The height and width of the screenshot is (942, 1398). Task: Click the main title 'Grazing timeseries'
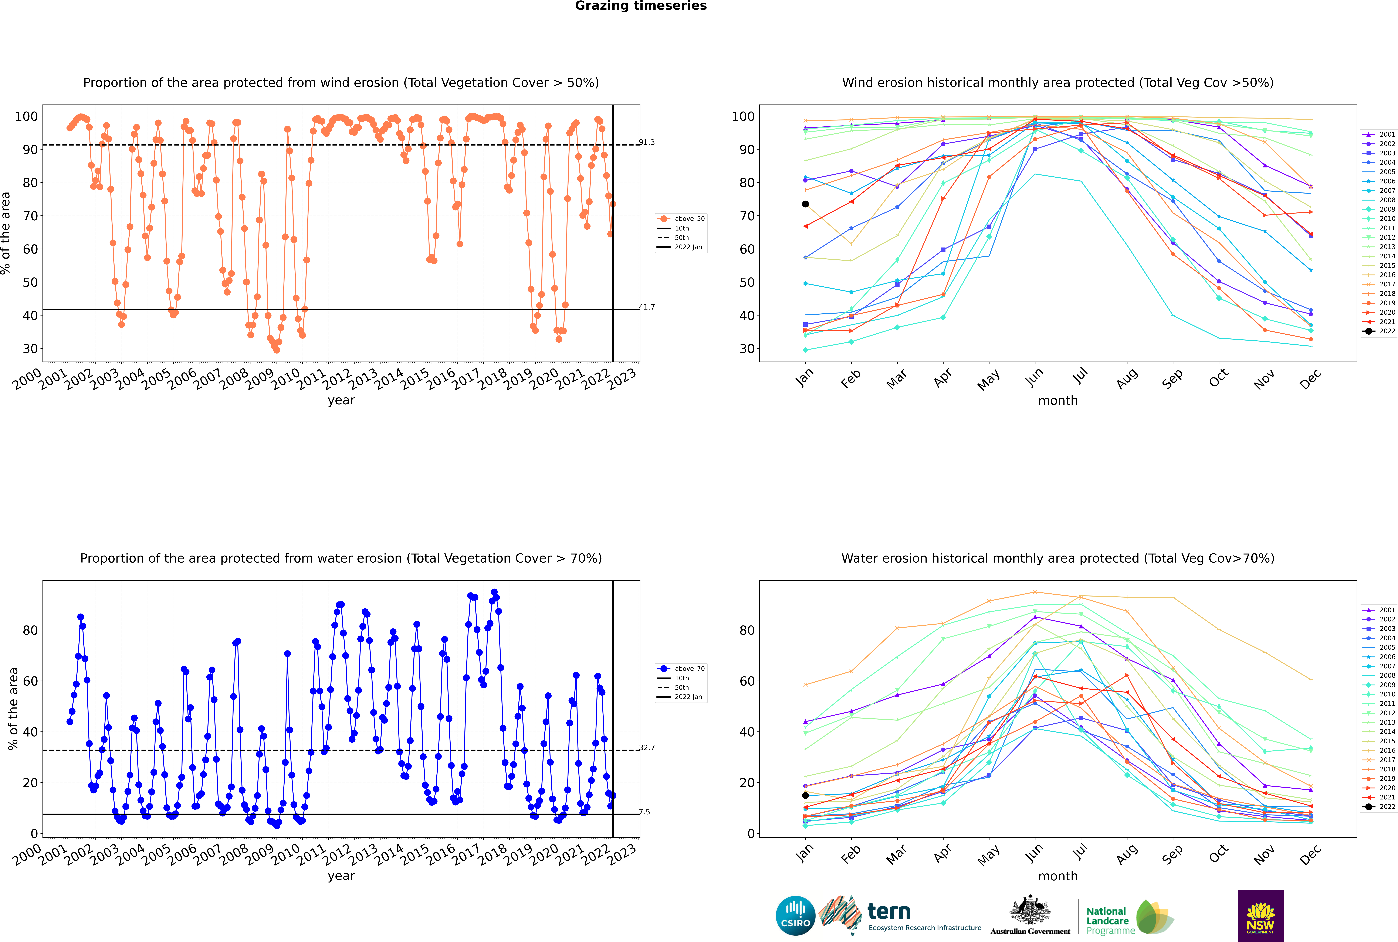pyautogui.click(x=641, y=6)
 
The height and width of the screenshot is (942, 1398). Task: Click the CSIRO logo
pyautogui.click(x=795, y=916)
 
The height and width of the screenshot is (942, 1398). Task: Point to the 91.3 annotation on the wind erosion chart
pyautogui.click(x=647, y=142)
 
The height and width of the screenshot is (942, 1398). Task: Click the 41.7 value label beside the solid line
pyautogui.click(x=647, y=307)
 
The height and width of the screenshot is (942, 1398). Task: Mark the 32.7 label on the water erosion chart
pyautogui.click(x=647, y=748)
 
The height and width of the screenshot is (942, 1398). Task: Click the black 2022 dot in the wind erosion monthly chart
pyautogui.click(x=805, y=204)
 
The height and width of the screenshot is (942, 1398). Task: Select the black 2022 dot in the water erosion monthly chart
pyautogui.click(x=805, y=795)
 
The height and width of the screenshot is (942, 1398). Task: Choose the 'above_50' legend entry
pyautogui.click(x=681, y=219)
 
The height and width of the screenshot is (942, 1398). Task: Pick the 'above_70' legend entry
pyautogui.click(x=681, y=669)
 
